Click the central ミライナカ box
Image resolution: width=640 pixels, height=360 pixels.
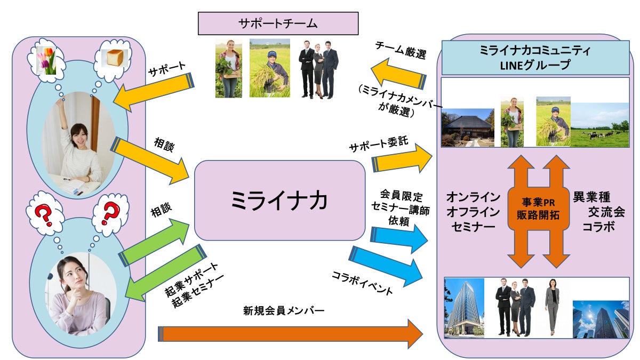tap(279, 201)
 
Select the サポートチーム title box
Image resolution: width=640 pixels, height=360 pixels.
tap(277, 23)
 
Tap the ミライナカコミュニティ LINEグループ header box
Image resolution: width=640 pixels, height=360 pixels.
tap(536, 57)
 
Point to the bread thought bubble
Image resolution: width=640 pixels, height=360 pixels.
tap(114, 58)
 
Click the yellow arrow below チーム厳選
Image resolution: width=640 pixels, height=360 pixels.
tap(398, 74)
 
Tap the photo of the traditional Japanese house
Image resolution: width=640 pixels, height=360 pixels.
tap(468, 127)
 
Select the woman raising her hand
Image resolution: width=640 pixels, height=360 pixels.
tap(81, 144)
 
